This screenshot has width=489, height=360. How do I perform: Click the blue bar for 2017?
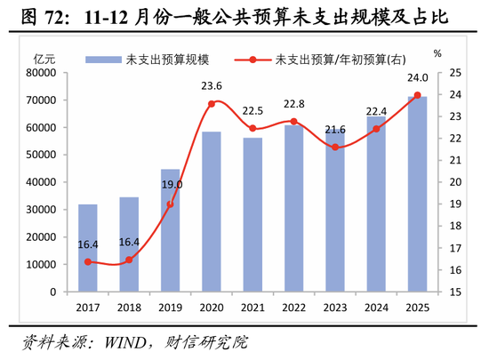(87, 248)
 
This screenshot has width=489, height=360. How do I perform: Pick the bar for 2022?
(293, 209)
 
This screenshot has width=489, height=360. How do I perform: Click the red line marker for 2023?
(335, 147)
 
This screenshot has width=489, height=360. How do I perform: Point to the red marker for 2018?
(129, 260)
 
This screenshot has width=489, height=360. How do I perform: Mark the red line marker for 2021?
(253, 128)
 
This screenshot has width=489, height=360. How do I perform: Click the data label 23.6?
(212, 86)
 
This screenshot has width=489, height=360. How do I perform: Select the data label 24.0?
(418, 78)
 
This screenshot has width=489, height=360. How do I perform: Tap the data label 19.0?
(172, 185)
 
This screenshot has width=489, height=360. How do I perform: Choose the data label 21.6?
(335, 130)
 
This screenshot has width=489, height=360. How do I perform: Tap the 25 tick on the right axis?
(454, 72)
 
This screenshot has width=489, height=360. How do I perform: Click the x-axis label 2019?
(170, 308)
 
